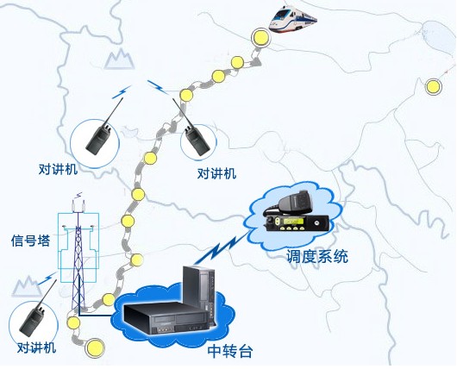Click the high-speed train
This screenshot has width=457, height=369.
(x=292, y=18)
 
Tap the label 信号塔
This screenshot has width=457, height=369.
(x=30, y=241)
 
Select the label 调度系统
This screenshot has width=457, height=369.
(x=316, y=257)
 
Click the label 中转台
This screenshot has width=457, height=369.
(x=229, y=352)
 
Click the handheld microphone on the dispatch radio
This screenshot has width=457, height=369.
(x=294, y=201)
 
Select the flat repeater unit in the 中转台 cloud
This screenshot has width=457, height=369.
(x=167, y=317)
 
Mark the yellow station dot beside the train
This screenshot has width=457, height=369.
(x=260, y=37)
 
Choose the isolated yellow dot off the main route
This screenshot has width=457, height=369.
(x=433, y=86)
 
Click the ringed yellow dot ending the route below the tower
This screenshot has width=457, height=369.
(x=95, y=347)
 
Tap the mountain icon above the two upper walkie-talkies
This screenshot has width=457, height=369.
(x=120, y=59)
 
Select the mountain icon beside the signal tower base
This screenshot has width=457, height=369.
(x=27, y=286)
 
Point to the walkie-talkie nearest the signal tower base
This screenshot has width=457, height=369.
(x=35, y=310)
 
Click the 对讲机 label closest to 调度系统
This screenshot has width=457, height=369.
(x=216, y=173)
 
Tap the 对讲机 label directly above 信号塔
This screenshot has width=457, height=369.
(x=58, y=169)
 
